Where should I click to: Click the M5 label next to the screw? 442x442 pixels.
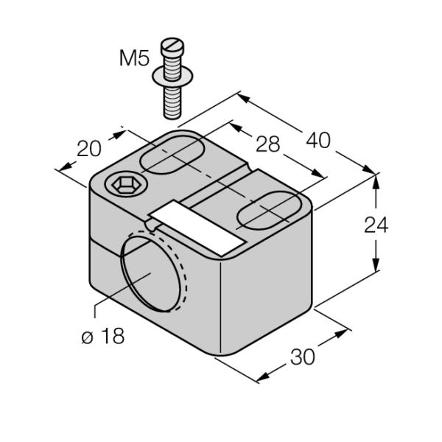(x=134, y=58)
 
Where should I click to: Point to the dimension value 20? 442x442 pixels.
(x=89, y=149)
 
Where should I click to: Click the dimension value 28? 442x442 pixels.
(x=268, y=144)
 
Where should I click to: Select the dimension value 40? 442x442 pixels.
(x=318, y=141)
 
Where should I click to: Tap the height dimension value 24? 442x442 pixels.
(x=376, y=225)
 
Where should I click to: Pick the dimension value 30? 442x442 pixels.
(x=302, y=357)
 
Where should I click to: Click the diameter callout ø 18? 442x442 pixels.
(x=103, y=336)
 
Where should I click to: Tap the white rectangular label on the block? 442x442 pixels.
(x=197, y=228)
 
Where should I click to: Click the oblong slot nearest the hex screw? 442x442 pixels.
(x=172, y=155)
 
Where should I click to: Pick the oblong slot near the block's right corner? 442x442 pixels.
(x=269, y=210)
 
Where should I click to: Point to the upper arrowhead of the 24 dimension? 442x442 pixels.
(x=376, y=182)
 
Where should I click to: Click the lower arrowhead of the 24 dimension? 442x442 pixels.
(x=376, y=264)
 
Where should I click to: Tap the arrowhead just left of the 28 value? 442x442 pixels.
(x=236, y=128)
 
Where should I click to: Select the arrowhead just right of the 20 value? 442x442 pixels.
(x=119, y=135)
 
